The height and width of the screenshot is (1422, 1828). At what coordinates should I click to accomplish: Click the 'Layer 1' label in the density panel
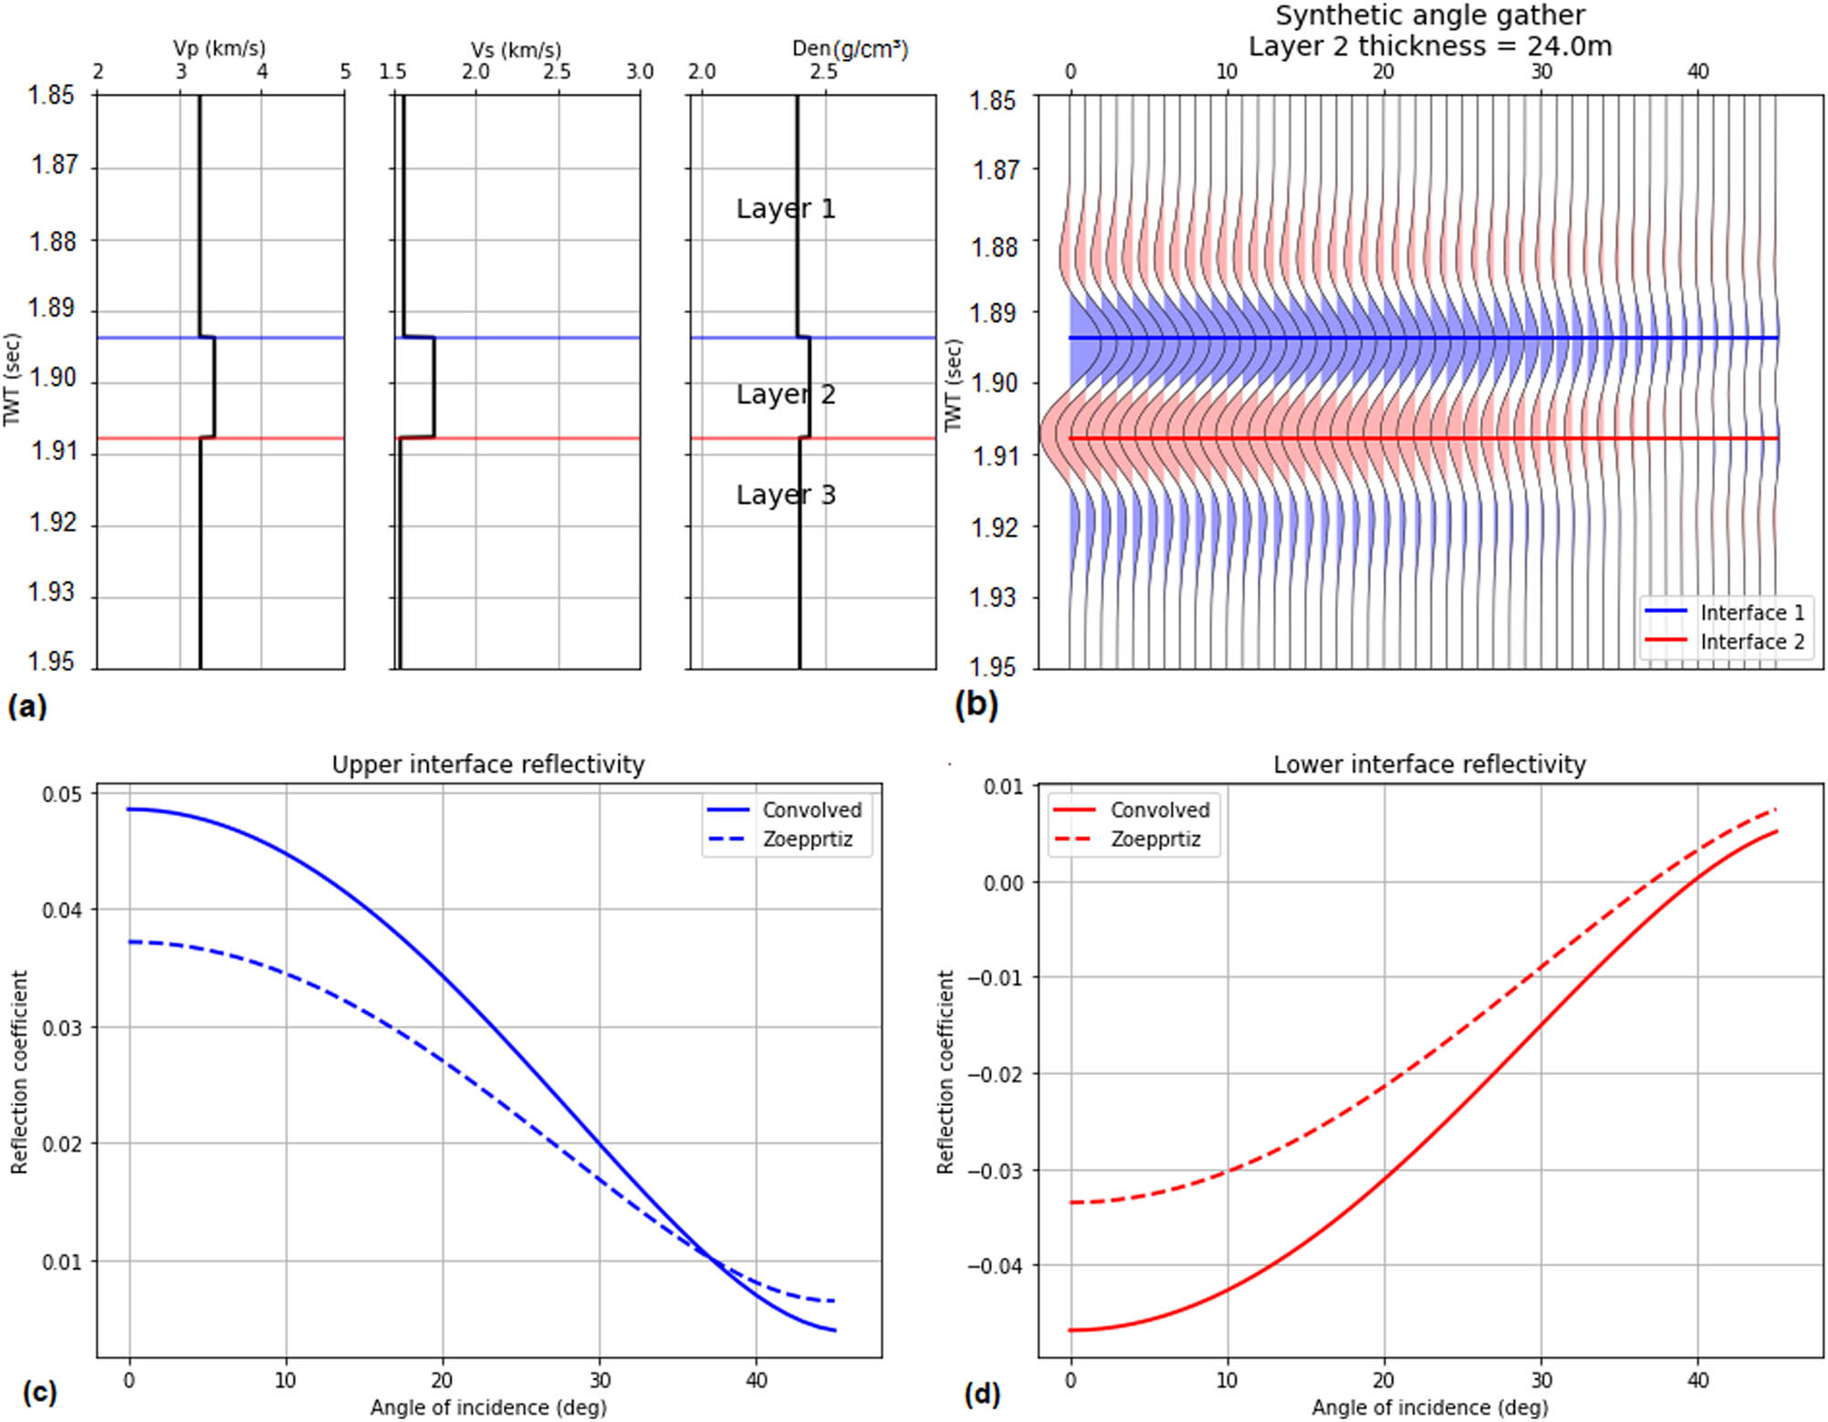click(785, 209)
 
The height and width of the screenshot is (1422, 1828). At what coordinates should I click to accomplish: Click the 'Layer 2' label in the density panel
click(785, 394)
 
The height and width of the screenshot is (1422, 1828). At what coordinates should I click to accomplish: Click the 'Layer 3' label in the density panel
click(785, 495)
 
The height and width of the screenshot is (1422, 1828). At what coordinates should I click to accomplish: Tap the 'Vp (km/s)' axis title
click(219, 48)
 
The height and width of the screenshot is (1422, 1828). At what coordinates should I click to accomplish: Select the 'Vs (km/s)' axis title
click(516, 50)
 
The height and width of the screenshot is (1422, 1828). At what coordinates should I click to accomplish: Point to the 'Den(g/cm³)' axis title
click(850, 48)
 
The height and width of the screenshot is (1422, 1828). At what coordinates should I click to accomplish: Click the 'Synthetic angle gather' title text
click(1429, 16)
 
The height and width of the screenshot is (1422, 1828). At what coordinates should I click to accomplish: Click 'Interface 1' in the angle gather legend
click(1751, 612)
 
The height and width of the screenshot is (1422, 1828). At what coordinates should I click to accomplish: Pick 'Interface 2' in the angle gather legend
click(1751, 642)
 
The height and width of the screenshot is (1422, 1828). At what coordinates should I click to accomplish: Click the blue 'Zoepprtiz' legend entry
click(808, 839)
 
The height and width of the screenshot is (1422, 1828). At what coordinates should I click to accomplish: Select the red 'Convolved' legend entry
click(1159, 810)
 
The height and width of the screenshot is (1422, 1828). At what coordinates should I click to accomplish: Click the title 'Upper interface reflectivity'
click(487, 764)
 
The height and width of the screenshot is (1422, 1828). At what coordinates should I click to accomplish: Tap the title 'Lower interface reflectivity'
click(1429, 764)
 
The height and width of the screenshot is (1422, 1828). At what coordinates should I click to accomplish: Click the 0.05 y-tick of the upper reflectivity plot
click(62, 794)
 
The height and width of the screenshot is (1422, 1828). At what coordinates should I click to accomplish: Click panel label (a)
click(26, 706)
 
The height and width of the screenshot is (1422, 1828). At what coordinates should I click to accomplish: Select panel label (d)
click(982, 1394)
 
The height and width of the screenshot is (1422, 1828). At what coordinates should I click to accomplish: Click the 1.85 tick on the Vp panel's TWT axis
click(50, 95)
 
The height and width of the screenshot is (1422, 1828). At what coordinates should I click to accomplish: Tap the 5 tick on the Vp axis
click(345, 71)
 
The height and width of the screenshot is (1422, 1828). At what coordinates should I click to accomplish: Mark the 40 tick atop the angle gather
click(1697, 71)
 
